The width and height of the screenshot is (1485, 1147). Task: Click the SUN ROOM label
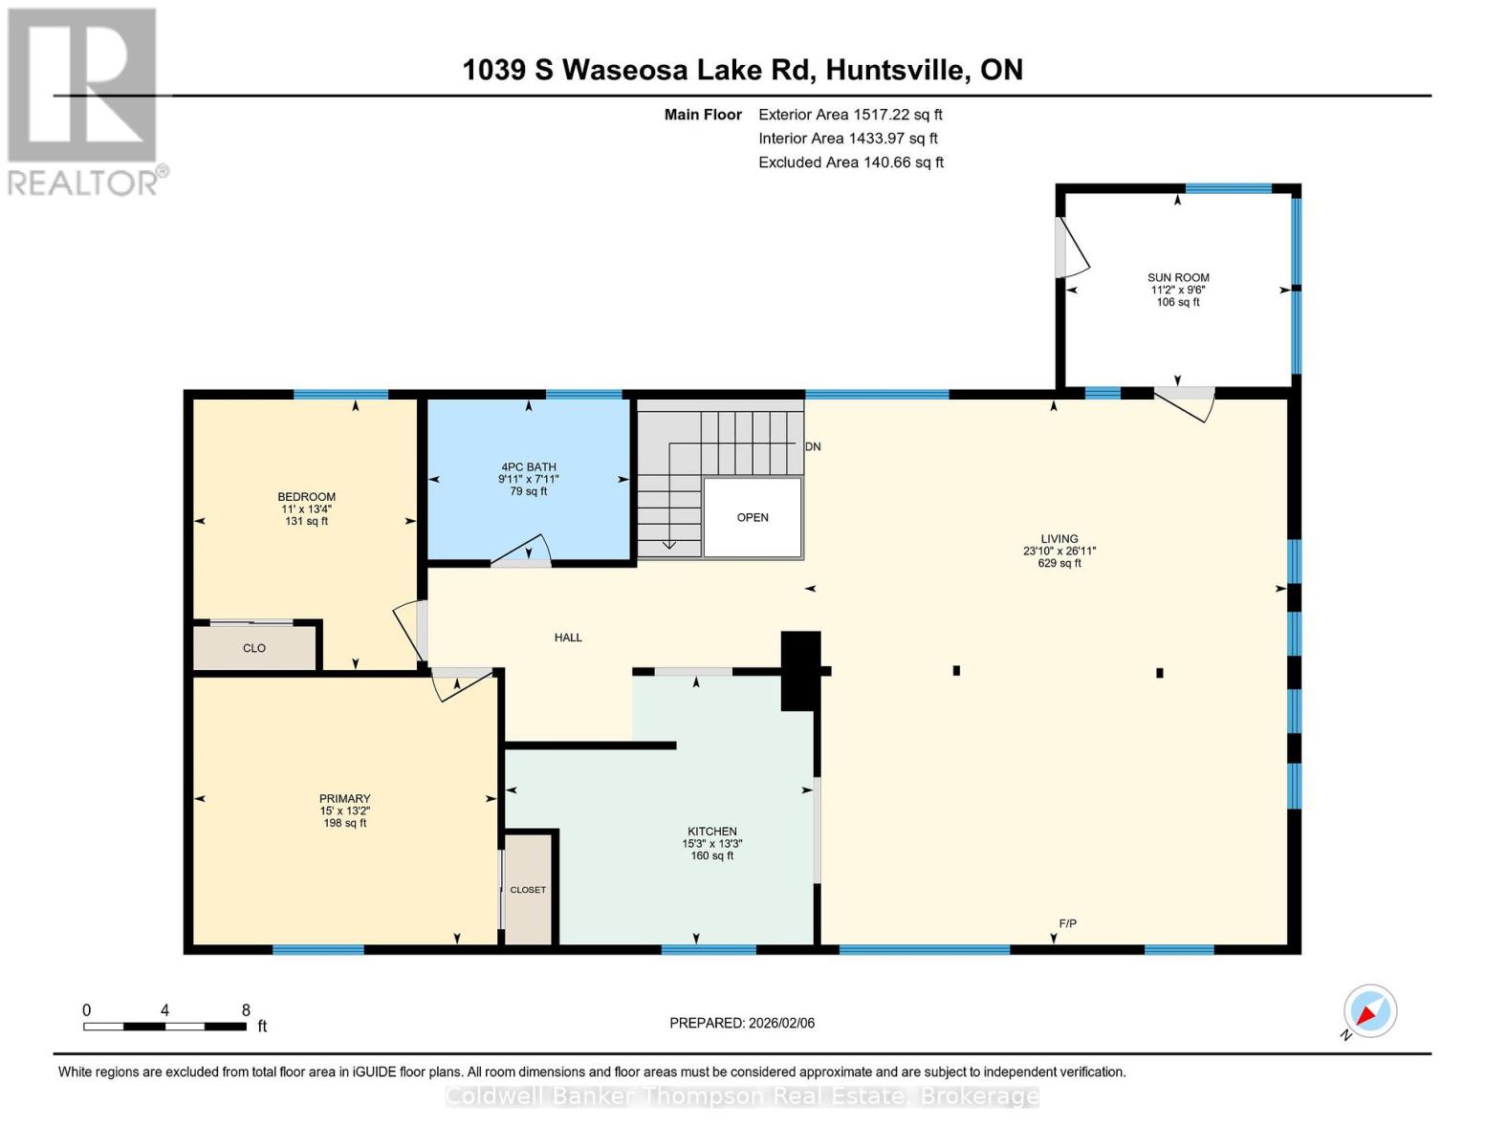(1178, 277)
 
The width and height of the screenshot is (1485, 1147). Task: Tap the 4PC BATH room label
(528, 467)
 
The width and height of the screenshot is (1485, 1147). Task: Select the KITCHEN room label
(711, 832)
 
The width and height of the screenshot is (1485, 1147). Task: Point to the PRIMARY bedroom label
(344, 799)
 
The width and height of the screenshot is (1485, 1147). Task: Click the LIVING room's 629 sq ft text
(1059, 564)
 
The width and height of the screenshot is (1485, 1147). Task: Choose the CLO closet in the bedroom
(254, 648)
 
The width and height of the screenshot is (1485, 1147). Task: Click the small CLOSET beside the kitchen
(528, 890)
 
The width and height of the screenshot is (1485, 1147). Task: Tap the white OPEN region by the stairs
(753, 517)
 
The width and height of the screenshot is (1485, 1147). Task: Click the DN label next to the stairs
(813, 446)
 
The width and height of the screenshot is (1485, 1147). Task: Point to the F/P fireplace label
(1067, 923)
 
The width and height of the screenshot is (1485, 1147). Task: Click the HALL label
(568, 638)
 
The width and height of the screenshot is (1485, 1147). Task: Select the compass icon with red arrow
(1369, 1011)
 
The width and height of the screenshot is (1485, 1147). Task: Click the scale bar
(164, 1027)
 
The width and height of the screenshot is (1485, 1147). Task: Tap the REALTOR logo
(84, 100)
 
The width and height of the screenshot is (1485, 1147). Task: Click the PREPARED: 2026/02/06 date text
(742, 1023)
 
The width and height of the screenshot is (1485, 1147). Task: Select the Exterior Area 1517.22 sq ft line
(850, 115)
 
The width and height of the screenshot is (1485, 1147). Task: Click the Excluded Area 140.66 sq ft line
(851, 162)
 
